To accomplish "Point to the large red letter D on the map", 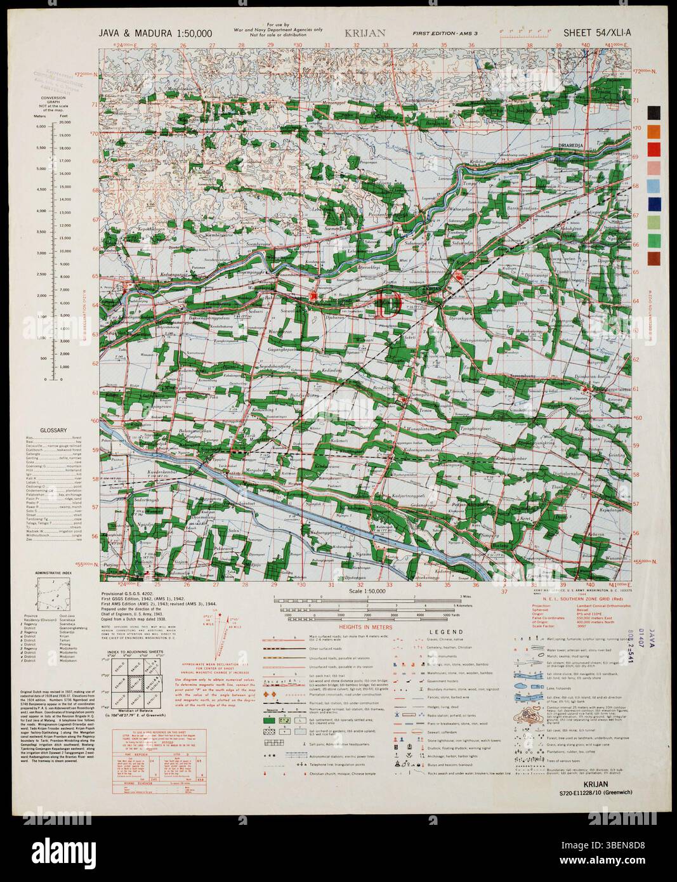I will click(x=387, y=304).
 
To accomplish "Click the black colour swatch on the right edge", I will click(x=654, y=112).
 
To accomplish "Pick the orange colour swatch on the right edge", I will click(x=654, y=131).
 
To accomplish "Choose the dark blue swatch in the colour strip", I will click(x=654, y=204).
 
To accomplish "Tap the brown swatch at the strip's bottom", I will click(x=654, y=258).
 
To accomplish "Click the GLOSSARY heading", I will click(x=53, y=431).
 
